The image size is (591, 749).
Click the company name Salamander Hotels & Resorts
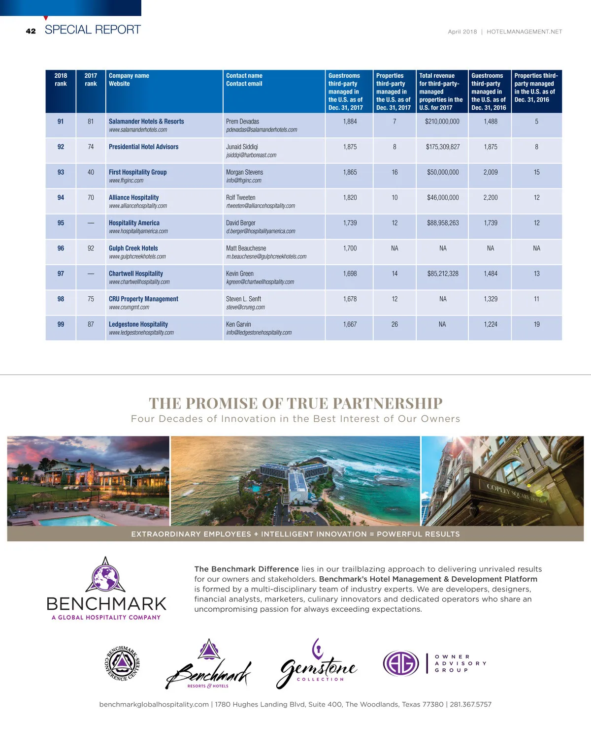pos(146,122)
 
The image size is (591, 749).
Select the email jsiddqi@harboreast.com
pos(251,155)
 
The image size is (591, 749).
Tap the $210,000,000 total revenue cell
pos(442,122)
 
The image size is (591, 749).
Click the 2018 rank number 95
pos(61,223)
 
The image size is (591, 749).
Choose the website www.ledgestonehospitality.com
pos(141,333)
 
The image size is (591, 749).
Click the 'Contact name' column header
pos(244,76)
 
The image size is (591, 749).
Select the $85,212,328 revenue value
pos(443,274)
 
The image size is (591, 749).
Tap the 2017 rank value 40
pos(91,172)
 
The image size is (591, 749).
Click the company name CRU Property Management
pos(143,299)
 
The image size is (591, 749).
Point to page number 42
pos(31,31)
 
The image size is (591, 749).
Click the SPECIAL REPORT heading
pos(93,30)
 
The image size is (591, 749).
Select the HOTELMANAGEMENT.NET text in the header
pos(524,31)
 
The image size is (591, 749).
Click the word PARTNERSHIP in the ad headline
pos(388,404)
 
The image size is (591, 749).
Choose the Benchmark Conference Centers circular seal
pos(122,663)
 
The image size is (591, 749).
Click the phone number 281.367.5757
pos(470,704)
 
